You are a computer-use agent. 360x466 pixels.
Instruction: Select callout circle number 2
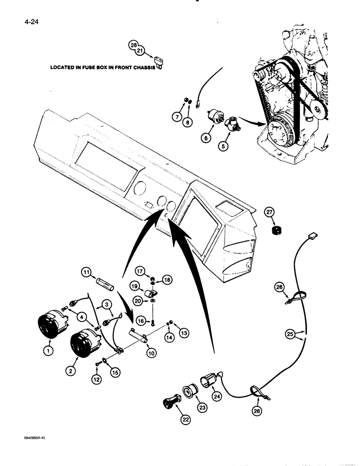point(70,371)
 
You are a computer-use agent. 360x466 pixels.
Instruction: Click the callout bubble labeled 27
point(269,212)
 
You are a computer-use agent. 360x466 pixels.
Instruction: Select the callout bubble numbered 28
point(133,45)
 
